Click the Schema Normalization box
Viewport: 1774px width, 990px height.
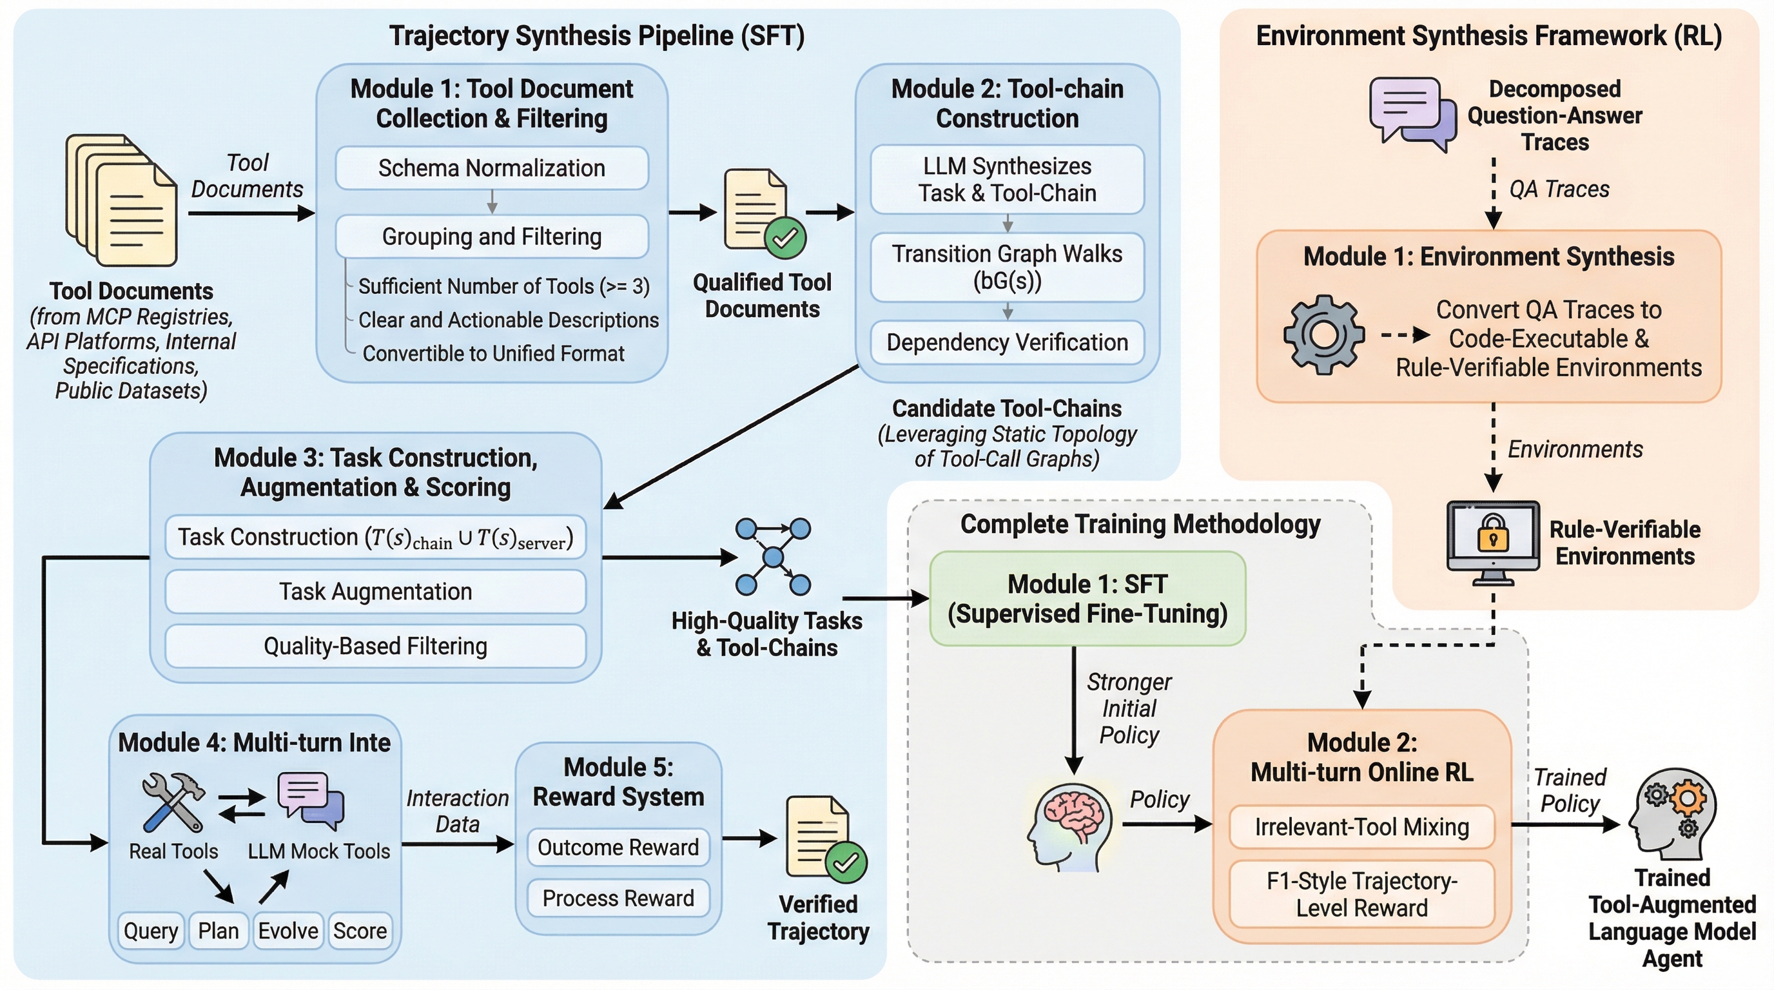(492, 168)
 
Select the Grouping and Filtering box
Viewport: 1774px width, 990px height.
(492, 236)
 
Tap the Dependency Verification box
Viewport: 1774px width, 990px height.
(1007, 342)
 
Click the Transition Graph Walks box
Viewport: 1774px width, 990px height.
(1007, 266)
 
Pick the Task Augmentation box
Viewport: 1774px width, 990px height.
(375, 592)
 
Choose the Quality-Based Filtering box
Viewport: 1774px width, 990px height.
(375, 646)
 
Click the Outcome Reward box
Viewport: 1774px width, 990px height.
(618, 847)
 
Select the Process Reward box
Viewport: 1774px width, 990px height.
(618, 898)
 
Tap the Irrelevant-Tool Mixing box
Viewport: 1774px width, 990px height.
(1361, 826)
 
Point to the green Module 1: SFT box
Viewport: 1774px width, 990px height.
(1087, 598)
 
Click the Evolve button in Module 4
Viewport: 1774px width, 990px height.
(288, 931)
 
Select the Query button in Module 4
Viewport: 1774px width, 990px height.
(151, 931)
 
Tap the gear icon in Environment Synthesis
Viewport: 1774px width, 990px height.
(1323, 335)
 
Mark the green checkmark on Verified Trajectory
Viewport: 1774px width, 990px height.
(845, 862)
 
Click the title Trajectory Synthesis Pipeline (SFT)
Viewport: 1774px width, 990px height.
(596, 36)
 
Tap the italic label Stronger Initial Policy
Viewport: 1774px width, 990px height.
(1129, 708)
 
